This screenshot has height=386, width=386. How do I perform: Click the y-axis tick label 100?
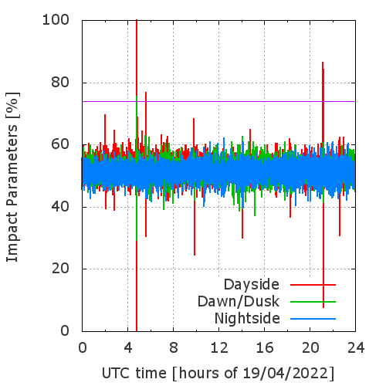point(56,20)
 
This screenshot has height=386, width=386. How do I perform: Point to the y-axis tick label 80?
point(60,83)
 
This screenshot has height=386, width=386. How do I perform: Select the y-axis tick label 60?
point(60,144)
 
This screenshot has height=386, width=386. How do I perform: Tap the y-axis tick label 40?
point(60,206)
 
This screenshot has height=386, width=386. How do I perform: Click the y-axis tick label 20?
point(60,269)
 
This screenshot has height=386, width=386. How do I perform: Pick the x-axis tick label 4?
point(128,348)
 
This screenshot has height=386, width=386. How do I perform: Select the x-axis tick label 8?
point(174,348)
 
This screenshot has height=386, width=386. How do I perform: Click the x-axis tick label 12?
point(219,348)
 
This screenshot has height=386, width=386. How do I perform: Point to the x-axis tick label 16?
point(265,348)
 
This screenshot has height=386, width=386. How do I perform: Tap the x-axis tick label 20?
point(310,348)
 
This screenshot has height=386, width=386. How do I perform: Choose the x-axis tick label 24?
point(356,348)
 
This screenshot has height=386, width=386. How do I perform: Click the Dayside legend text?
point(252,285)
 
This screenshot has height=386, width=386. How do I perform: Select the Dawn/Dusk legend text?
point(239,302)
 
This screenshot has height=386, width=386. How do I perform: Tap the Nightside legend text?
point(247,319)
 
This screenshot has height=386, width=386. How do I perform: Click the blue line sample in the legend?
point(313,319)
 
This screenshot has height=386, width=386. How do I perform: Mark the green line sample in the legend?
point(313,302)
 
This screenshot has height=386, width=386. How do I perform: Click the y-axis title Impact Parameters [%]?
point(12,177)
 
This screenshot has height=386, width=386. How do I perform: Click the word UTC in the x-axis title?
point(117,374)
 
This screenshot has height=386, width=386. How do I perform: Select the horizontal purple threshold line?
point(218,101)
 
